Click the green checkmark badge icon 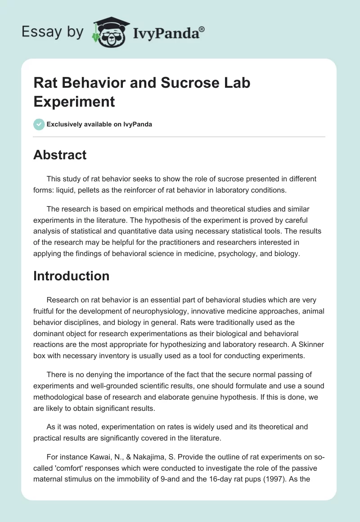(39, 124)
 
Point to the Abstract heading (60, 155)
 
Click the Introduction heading (71, 275)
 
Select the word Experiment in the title (74, 101)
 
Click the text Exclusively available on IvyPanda (99, 124)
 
